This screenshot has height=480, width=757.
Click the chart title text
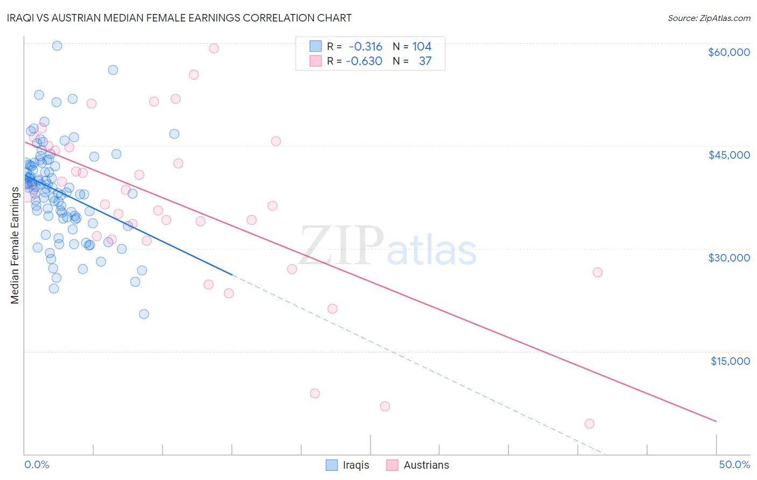coord(179,18)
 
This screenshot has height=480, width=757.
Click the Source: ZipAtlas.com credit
coord(709,18)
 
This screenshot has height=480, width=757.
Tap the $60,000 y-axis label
coord(728,52)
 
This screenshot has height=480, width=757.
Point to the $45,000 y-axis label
coord(728,155)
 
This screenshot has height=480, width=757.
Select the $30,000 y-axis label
coord(728,258)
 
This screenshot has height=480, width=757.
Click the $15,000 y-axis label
coord(730,361)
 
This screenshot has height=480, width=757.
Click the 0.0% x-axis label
coord(37,464)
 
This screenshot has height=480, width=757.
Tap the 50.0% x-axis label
coord(734,464)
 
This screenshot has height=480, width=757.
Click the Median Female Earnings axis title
coord(15,245)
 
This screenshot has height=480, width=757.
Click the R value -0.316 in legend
coord(365,47)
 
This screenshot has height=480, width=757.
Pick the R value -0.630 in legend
coord(364,61)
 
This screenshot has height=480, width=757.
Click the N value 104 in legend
coord(422,47)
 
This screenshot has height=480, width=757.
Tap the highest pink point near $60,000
coord(214,48)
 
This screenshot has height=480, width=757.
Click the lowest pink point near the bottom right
coord(589,423)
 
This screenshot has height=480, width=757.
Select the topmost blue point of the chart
coord(57,46)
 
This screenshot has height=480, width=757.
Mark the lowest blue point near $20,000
coord(144,314)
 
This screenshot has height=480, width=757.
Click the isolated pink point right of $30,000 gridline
coord(597,272)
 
